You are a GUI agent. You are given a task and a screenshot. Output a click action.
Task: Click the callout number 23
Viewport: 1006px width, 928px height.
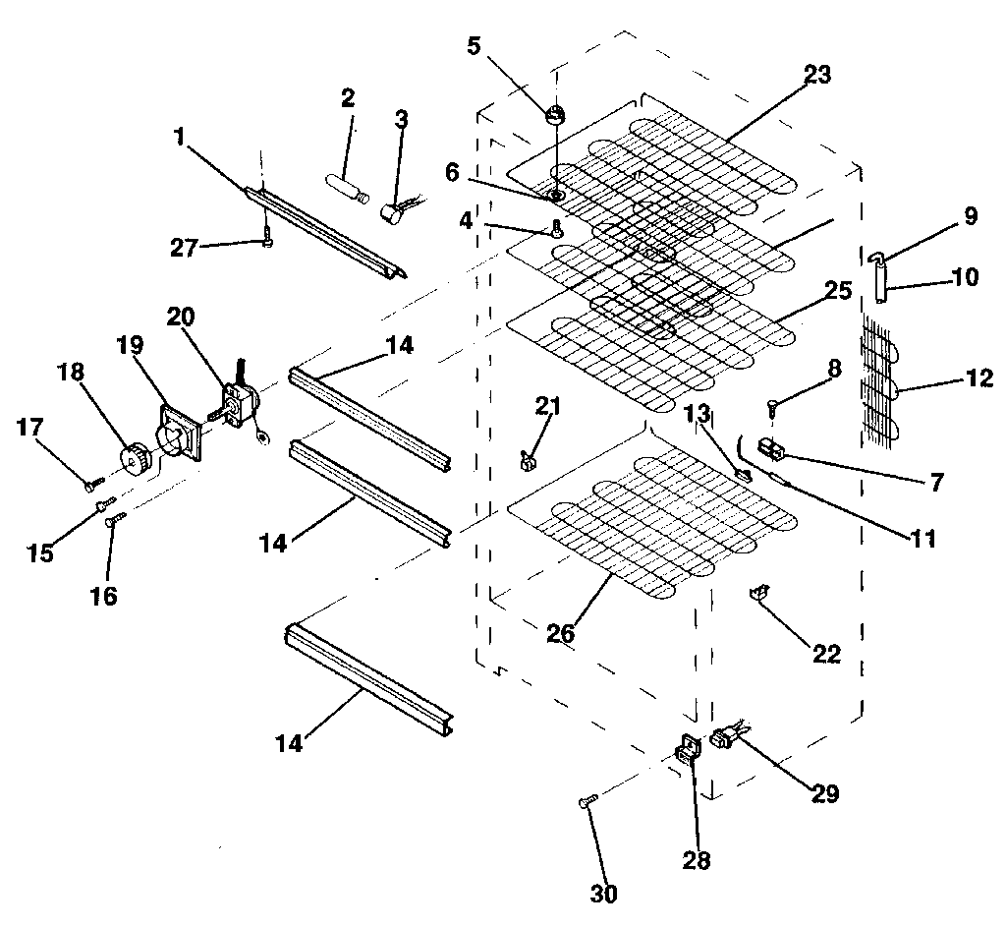816,74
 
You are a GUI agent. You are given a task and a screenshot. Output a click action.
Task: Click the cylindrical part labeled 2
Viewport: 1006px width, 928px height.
346,185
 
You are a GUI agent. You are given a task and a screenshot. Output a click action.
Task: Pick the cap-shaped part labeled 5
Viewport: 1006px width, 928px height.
555,114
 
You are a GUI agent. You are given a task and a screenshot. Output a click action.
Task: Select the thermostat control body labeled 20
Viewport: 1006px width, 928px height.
239,403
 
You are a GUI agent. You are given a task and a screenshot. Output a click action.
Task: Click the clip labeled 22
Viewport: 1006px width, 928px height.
759,591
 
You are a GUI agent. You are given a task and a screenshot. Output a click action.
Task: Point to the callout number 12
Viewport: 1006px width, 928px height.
979,377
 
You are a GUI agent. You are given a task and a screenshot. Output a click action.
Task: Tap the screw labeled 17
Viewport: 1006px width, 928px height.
92,484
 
